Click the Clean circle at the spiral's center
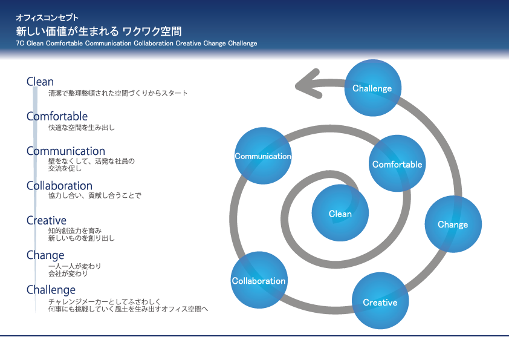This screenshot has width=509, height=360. tap(340, 213)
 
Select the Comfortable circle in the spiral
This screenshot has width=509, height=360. tap(397, 163)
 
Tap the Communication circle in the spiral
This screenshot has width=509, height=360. tap(263, 155)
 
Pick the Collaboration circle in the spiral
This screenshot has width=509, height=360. tap(259, 280)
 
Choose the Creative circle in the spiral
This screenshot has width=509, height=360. tap(380, 301)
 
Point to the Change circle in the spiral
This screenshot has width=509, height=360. tap(453, 224)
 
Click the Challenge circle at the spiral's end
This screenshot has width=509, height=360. tap(372, 88)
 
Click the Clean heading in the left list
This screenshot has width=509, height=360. tap(41, 82)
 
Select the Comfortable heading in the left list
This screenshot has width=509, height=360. tap(57, 116)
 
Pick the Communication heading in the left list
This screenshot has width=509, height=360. tap(66, 151)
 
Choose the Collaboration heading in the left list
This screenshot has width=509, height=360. tap(59, 186)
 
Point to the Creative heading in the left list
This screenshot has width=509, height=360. tap(47, 220)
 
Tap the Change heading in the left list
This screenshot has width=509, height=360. tap(45, 255)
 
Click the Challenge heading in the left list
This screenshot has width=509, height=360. tap(51, 290)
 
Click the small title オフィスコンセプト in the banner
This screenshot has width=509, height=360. tap(47, 17)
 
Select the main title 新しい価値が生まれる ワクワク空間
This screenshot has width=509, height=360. tap(99, 31)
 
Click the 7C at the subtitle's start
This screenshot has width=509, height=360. tap(20, 43)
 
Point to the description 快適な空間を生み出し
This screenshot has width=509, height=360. tap(82, 128)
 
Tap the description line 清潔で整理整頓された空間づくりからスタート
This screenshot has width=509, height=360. tap(118, 93)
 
